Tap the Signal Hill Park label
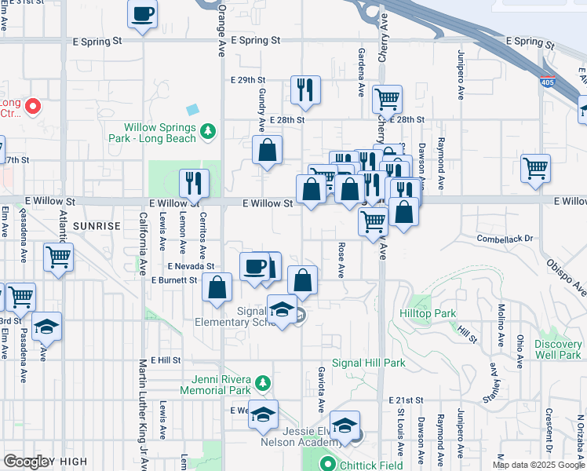[368, 363]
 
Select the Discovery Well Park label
[558, 349]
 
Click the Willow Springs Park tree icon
[208, 131]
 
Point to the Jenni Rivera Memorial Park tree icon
[264, 383]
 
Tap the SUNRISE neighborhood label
[97, 226]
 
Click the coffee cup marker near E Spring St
[143, 14]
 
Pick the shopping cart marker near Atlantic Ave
[59, 256]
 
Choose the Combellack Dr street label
[505, 238]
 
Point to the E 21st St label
[406, 400]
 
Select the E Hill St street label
[165, 360]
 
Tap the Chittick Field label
[376, 465]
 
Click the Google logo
[27, 462]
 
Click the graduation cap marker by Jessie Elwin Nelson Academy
[344, 425]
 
